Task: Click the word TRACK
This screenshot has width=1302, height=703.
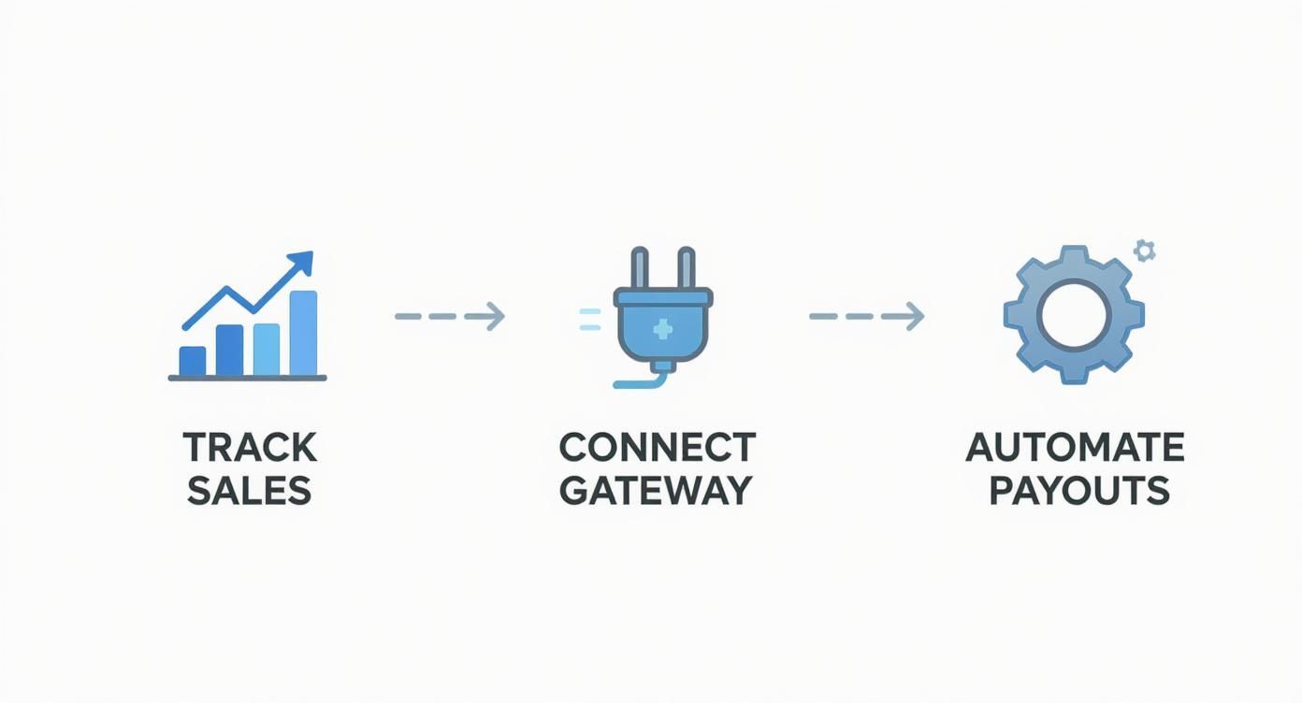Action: pyautogui.click(x=250, y=448)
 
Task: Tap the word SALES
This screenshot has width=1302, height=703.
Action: pyautogui.click(x=249, y=491)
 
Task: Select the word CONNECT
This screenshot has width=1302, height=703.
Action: pyautogui.click(x=657, y=448)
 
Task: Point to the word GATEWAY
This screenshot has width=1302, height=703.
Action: pyautogui.click(x=656, y=491)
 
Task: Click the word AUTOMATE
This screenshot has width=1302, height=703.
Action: pyautogui.click(x=1075, y=448)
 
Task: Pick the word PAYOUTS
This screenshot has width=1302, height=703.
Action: pyautogui.click(x=1078, y=491)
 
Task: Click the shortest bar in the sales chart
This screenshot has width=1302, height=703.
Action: pyautogui.click(x=193, y=360)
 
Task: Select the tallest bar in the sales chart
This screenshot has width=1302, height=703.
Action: pyautogui.click(x=303, y=333)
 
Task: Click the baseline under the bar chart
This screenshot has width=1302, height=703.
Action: pyautogui.click(x=247, y=378)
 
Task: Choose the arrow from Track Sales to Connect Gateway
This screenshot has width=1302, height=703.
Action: pyautogui.click(x=450, y=317)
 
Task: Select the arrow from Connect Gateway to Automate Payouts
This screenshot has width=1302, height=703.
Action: pyautogui.click(x=866, y=317)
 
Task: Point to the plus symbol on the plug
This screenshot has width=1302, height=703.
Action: pyautogui.click(x=663, y=328)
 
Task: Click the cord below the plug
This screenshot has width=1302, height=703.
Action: pyautogui.click(x=645, y=379)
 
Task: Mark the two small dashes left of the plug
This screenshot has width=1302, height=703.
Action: pyautogui.click(x=590, y=319)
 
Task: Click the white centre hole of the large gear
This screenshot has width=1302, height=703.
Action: pyautogui.click(x=1073, y=315)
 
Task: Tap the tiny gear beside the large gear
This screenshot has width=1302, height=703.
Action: pyautogui.click(x=1144, y=251)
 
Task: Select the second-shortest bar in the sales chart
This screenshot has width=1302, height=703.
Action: pyautogui.click(x=229, y=350)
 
